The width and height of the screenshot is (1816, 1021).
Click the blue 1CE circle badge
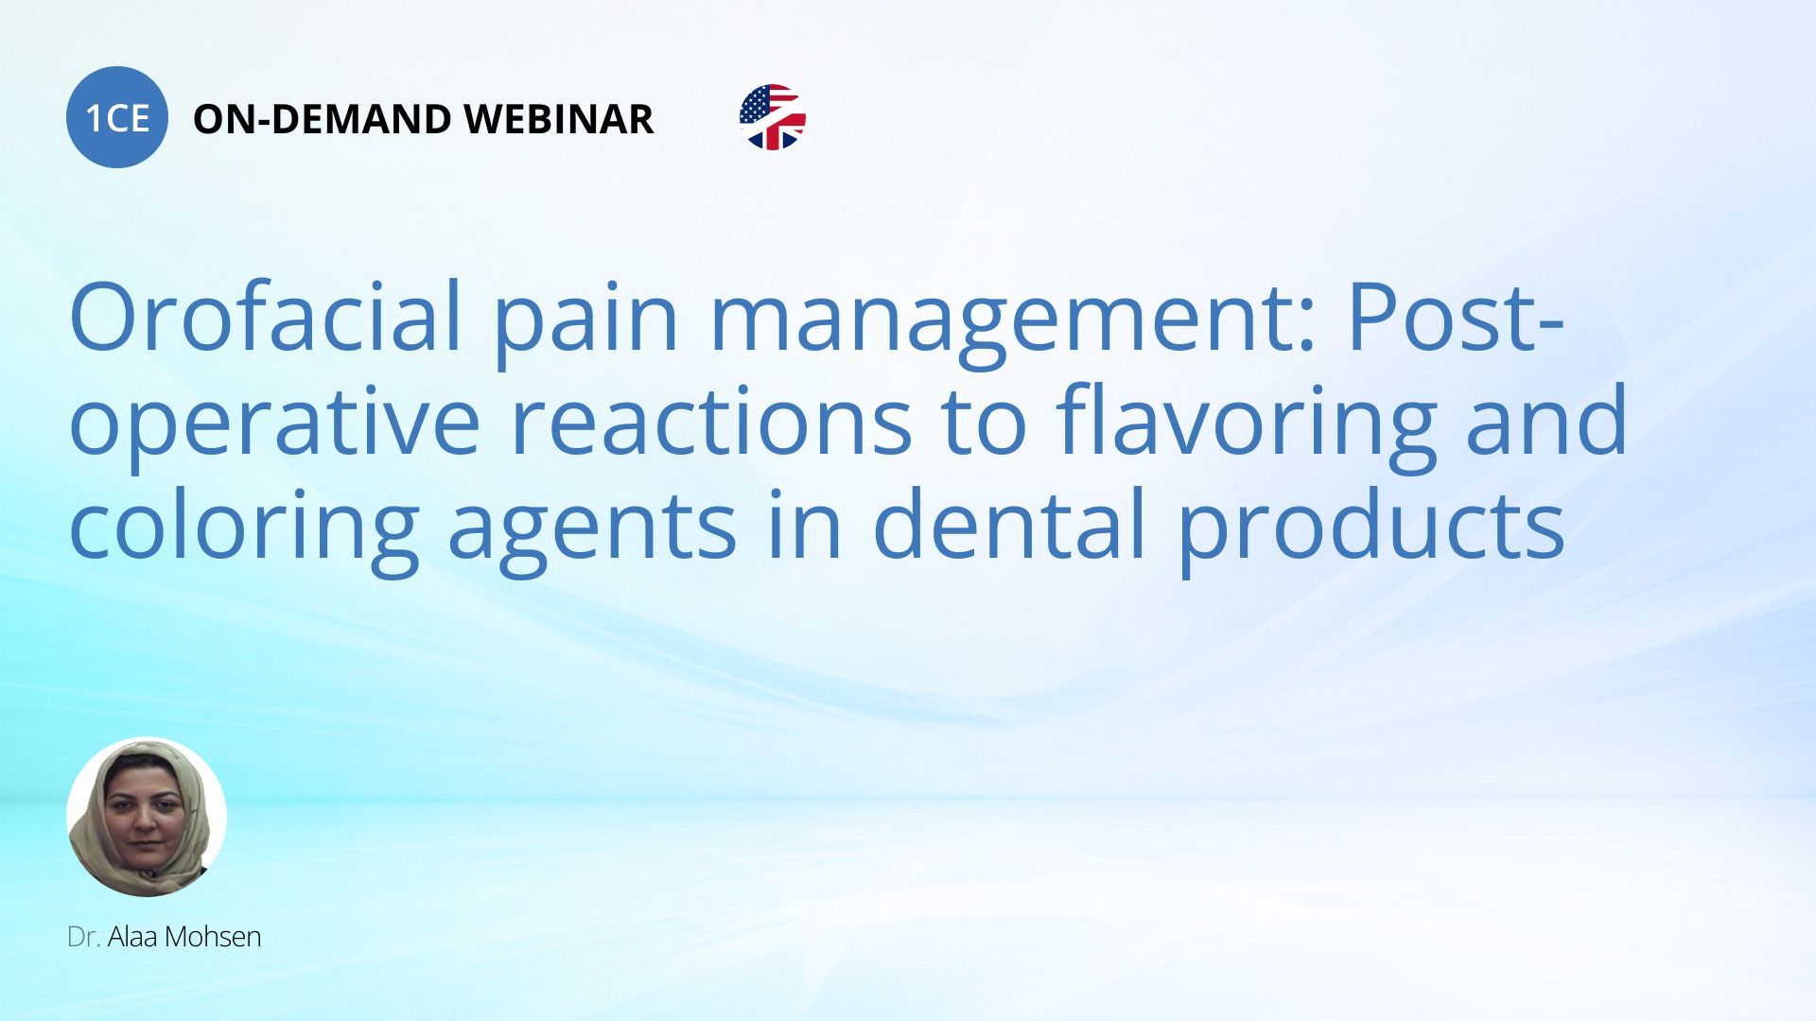coord(117,117)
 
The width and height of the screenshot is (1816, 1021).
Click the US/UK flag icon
coord(773,117)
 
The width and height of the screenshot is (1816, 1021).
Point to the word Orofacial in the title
coord(265,317)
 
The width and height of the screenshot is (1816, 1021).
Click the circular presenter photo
coord(147,817)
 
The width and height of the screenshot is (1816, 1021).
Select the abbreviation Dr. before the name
coord(84,937)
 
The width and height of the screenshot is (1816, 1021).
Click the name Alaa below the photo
coord(133,937)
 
